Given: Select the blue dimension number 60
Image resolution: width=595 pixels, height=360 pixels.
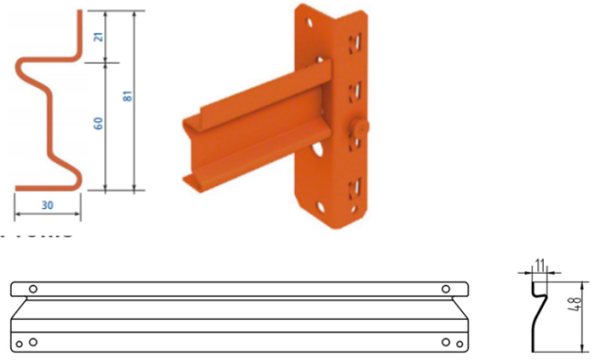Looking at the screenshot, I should [99, 122].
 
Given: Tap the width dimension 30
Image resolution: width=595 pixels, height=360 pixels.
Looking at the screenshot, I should [47, 206].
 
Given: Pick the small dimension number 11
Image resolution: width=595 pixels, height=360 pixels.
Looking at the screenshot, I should [540, 266].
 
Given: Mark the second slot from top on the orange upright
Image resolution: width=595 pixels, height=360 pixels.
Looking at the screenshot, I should [354, 91].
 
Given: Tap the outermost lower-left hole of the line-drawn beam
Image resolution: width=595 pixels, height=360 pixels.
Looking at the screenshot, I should [18, 343].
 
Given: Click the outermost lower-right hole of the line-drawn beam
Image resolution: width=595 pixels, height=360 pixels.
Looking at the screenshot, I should [460, 343].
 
